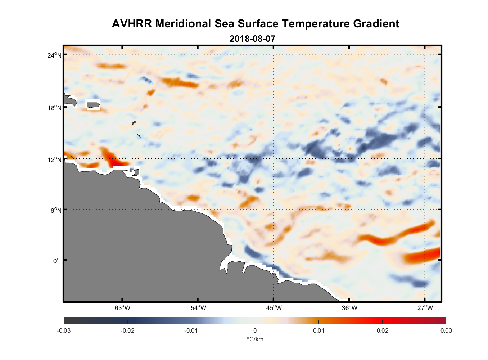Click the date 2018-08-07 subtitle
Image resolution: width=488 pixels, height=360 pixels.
252,39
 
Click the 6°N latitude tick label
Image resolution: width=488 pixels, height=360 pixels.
56,210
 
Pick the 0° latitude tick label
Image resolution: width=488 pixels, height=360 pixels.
56,261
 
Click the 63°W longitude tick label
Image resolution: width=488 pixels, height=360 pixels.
122,308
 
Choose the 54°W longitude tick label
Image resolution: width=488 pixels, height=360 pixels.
198,308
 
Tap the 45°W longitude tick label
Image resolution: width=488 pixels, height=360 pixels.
274,308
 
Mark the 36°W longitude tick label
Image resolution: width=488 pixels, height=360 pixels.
349,308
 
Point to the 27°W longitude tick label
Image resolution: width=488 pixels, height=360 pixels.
425,308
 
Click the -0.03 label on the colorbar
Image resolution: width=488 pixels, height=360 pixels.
64,330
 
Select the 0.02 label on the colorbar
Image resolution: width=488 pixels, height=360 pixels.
382,330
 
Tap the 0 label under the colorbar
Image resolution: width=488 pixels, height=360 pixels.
255,330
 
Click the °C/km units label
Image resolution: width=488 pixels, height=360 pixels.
255,339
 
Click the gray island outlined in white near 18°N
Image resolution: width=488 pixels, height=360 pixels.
93,105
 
